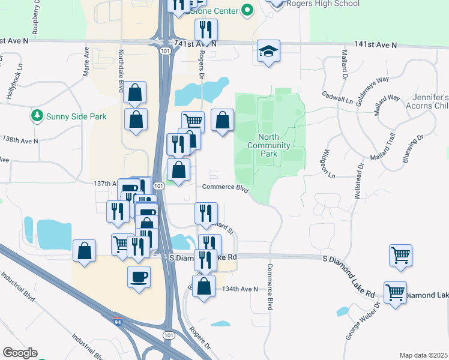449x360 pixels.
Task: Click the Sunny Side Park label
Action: (x=76, y=116)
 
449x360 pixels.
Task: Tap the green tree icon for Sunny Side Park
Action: (x=37, y=116)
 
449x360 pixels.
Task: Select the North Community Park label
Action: (x=268, y=145)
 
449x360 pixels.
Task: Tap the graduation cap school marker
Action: (x=268, y=52)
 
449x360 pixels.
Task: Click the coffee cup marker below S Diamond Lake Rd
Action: (x=139, y=277)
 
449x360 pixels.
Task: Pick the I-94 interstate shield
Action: (x=117, y=322)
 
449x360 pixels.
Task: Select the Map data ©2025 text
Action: (x=423, y=355)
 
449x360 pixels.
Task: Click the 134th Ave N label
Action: (x=239, y=289)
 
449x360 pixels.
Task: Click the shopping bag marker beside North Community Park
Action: (x=222, y=121)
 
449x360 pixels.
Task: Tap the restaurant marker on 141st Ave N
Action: (x=206, y=30)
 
